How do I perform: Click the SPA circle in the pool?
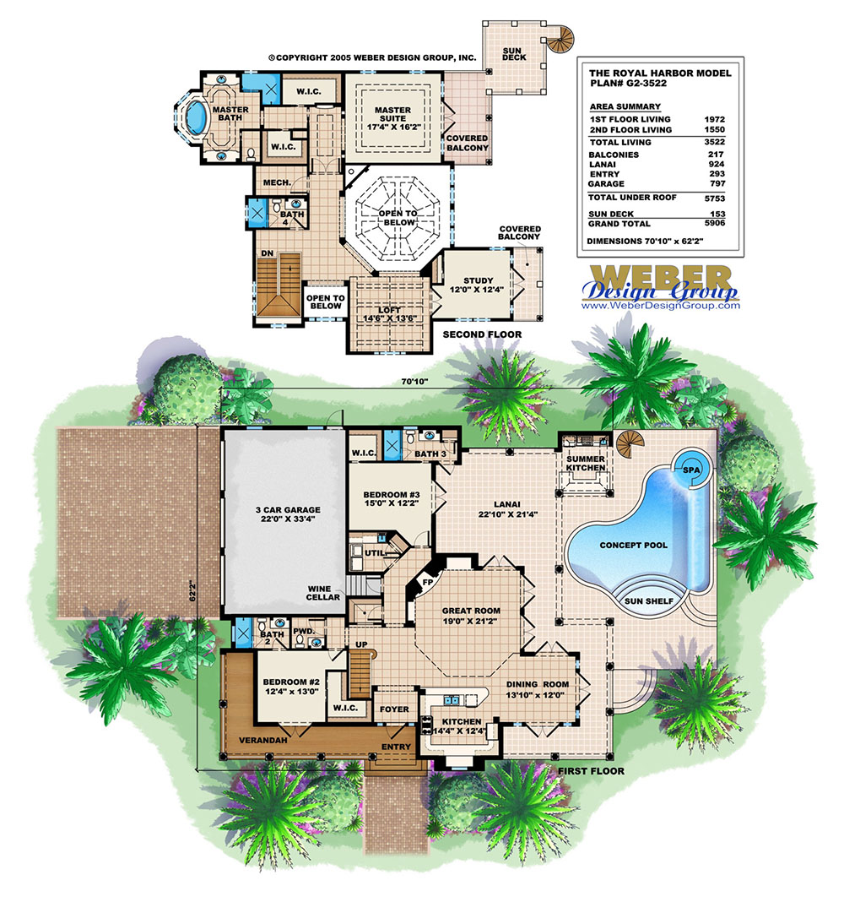coord(690,469)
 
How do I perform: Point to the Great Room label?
coord(471,616)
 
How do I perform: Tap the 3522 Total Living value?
coord(713,143)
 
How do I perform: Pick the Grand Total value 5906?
coord(713,224)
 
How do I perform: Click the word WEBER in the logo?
coord(661,277)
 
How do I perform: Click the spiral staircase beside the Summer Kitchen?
coord(629,443)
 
